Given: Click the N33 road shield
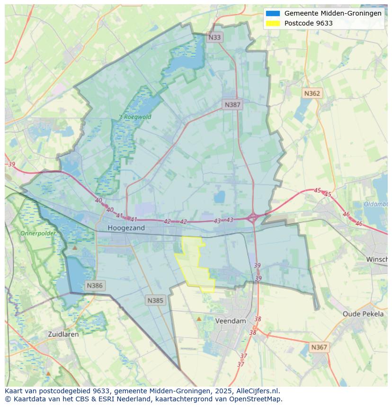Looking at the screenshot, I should click(214, 37).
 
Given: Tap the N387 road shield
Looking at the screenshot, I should click(232, 104).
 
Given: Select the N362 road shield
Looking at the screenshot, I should click(312, 93).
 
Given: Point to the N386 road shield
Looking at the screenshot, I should click(95, 286).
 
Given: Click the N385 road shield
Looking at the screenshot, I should click(155, 300).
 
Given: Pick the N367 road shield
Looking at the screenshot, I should click(319, 347).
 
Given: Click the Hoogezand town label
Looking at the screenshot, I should click(126, 228).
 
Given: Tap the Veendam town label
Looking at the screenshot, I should click(231, 320).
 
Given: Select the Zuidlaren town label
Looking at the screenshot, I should click(63, 334).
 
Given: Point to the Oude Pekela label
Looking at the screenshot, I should click(363, 314).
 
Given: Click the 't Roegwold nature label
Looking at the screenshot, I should click(135, 117).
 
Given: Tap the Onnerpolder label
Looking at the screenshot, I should click(38, 234).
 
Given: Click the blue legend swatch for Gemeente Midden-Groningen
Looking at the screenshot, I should click(273, 14).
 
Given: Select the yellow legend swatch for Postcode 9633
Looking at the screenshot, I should click(273, 23).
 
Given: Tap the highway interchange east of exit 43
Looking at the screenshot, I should click(253, 218).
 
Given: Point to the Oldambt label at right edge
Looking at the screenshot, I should click(376, 204).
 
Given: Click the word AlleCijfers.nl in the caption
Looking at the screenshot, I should click(258, 391).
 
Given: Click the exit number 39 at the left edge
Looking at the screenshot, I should click(12, 165).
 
